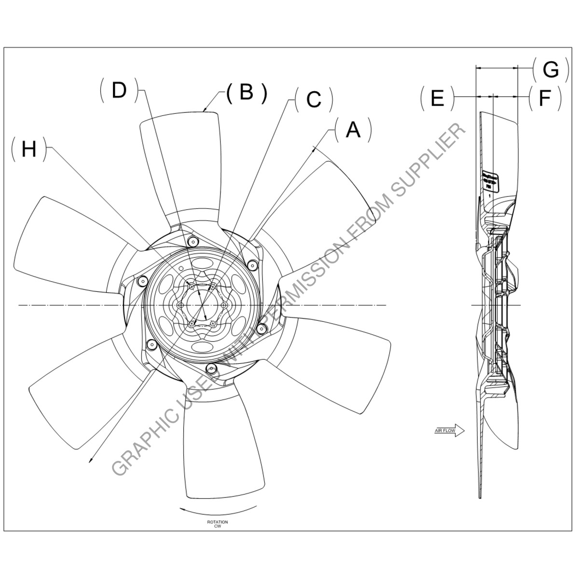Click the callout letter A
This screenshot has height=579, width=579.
coord(354,129)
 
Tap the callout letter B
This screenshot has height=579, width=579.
coord(247,92)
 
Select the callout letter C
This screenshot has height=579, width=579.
coord(314,99)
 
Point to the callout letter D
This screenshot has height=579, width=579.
coord(119,90)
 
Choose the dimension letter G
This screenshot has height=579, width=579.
coord(550,70)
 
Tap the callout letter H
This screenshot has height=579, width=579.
coord(29,149)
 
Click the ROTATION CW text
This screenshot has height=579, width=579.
coord(218,524)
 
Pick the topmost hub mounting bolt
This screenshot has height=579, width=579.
coord(193,241)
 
